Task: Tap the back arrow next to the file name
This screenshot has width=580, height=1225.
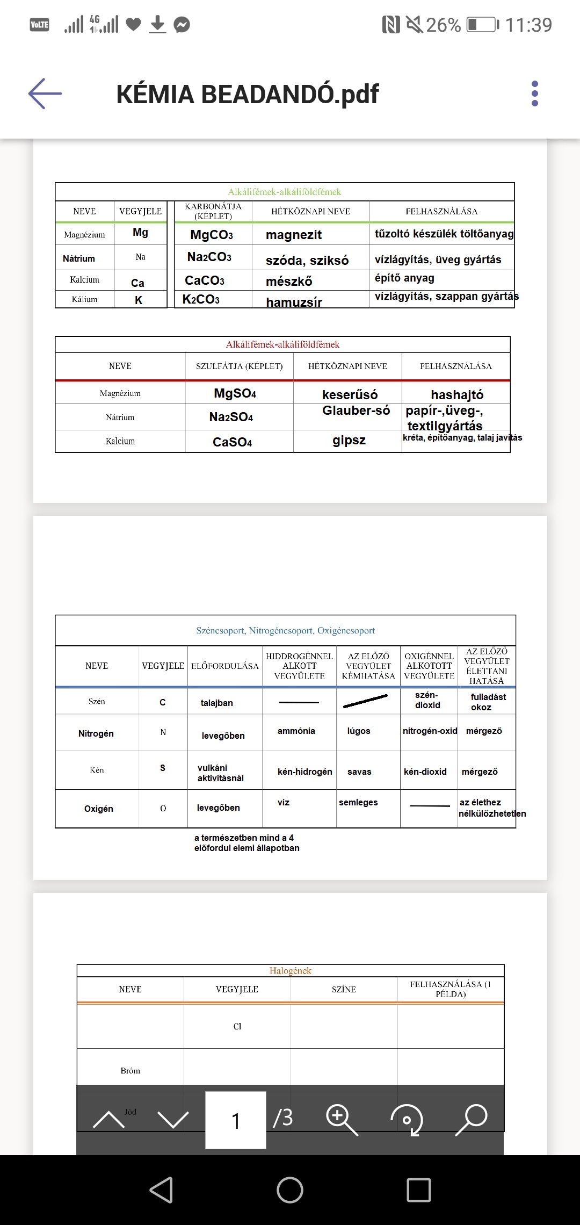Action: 45,93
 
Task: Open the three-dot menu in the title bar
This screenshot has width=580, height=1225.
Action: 534,93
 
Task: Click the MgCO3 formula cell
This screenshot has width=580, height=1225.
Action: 212,235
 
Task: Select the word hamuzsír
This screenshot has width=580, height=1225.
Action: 294,302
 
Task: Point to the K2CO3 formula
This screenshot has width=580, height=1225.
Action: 201,299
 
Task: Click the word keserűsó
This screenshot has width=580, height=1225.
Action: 350,394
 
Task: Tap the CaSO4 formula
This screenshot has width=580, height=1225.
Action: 232,442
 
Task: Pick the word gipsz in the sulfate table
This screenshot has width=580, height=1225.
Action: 349,440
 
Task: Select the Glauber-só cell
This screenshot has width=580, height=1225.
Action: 356,410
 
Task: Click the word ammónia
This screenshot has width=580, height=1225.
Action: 296,731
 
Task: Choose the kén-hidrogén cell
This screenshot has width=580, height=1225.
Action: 305,772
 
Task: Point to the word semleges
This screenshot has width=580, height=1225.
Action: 358,802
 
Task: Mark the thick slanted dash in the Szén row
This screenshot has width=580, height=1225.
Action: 365,701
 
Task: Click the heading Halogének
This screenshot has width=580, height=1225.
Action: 290,970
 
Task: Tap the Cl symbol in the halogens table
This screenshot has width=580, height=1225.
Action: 237,1026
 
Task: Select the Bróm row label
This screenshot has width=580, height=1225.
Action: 130,1070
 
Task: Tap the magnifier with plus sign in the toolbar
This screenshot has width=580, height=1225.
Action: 342,1119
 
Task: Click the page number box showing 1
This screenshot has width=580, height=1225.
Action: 236,1120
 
